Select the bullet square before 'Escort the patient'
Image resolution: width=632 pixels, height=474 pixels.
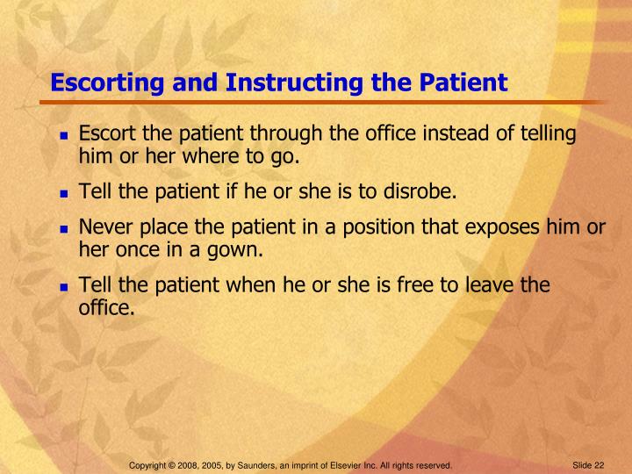coord(64,136)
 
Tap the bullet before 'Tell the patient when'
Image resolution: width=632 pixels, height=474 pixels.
coord(64,287)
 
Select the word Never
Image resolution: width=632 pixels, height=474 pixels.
coord(104,227)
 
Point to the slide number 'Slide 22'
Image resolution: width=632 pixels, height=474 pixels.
coord(589,463)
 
